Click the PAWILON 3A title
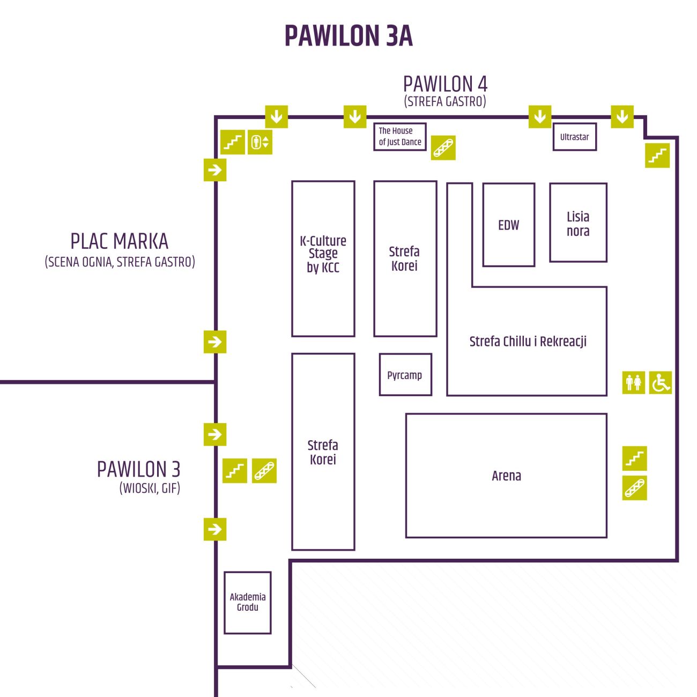(349, 36)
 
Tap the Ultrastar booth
(574, 137)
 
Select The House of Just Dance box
(399, 136)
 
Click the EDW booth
(509, 225)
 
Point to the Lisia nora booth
(578, 223)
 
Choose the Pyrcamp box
(405, 374)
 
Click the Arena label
(506, 476)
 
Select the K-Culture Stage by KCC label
(323, 254)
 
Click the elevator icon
(259, 142)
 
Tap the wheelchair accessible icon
(660, 383)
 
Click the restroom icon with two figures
(633, 383)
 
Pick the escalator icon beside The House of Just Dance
(443, 147)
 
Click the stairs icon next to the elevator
(233, 142)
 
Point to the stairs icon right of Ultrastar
(657, 155)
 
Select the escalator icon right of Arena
(634, 488)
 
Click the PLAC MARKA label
(120, 241)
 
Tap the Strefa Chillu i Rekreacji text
(528, 341)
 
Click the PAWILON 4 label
(445, 84)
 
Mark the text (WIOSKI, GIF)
(150, 488)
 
